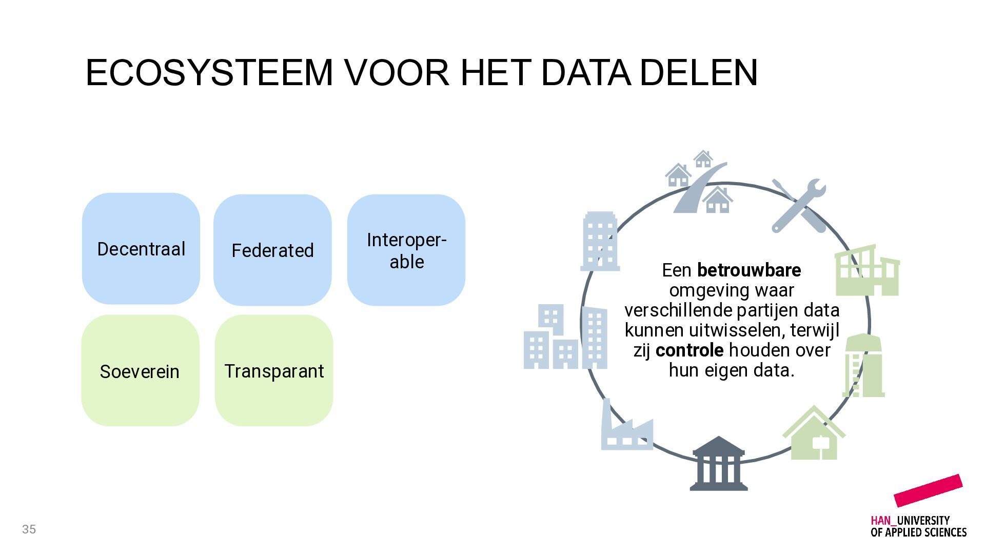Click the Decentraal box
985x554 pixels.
pos(141,249)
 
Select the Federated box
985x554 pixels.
pos(272,250)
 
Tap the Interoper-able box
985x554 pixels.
pos(406,250)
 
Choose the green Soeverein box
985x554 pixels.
pos(140,370)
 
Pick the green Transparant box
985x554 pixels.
pos(274,370)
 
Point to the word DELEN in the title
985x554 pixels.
pos(699,72)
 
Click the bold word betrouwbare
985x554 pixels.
pos(749,270)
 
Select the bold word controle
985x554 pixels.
pos(689,350)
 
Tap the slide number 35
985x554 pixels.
pos(29,529)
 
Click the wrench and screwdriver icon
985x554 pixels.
pos(799,206)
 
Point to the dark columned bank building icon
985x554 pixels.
pos(718,463)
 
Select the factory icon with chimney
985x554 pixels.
pos(627,424)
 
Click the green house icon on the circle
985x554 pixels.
pos(814,432)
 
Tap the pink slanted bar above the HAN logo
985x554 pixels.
pos(928,490)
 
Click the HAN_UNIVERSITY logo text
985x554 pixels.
pos(918,526)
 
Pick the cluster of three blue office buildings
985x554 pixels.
pos(565,337)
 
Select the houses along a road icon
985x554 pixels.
pos(699,182)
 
